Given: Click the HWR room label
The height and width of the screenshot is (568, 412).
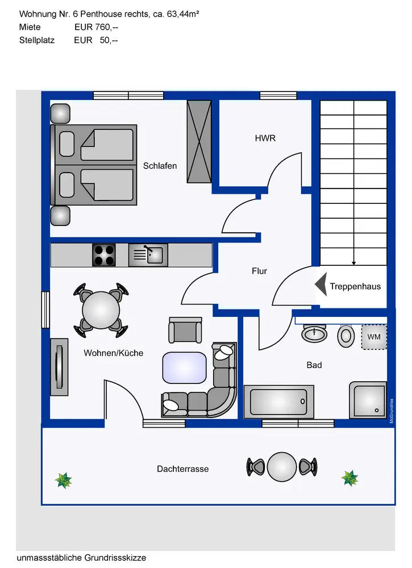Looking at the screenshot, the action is (265, 138).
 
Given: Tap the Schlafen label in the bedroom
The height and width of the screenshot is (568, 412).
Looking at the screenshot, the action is (160, 166).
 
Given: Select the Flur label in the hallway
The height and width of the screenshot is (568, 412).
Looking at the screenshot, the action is (259, 272).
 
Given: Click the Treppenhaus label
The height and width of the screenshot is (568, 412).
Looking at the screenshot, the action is (355, 286).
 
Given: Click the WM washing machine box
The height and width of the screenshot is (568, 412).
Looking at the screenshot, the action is (374, 337).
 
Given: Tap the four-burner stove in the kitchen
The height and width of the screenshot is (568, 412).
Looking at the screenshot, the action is (104, 255).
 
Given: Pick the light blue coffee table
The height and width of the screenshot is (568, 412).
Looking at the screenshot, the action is (184, 367).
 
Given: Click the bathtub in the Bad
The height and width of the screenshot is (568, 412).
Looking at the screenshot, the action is (278, 402).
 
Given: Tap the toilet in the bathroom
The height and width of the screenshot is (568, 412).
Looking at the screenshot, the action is (345, 336).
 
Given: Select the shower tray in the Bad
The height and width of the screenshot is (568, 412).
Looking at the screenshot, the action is (368, 400).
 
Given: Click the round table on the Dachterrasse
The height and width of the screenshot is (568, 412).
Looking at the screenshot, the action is (282, 467).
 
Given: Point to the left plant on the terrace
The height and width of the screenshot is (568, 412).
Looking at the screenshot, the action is (63, 481).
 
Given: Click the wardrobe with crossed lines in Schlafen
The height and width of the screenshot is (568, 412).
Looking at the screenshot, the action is (199, 141).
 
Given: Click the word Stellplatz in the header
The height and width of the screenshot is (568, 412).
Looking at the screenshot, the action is (37, 40).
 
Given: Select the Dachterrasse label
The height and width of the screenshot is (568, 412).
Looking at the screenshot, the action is (183, 469).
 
